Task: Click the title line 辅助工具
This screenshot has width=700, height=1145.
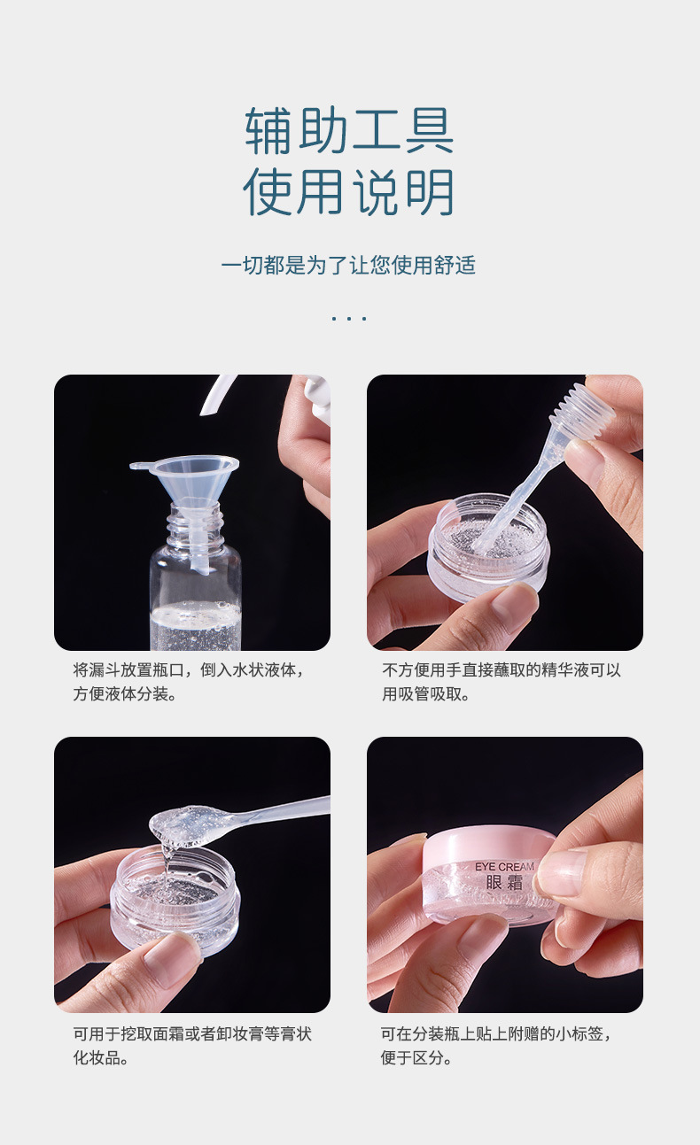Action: pos(349,131)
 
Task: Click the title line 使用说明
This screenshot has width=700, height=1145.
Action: pos(349,192)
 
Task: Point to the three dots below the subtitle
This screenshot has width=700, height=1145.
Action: pos(349,317)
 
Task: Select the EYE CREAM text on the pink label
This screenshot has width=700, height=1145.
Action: pos(504,866)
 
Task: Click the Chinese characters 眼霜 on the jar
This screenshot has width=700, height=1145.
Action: pos(504,883)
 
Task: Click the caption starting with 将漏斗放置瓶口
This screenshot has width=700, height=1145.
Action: pos(190,681)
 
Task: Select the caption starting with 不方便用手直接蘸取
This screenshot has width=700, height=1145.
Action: pos(502,681)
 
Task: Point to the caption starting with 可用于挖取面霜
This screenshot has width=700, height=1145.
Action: pos(191,1045)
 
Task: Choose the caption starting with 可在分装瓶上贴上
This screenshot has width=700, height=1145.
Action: pos(496,1045)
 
